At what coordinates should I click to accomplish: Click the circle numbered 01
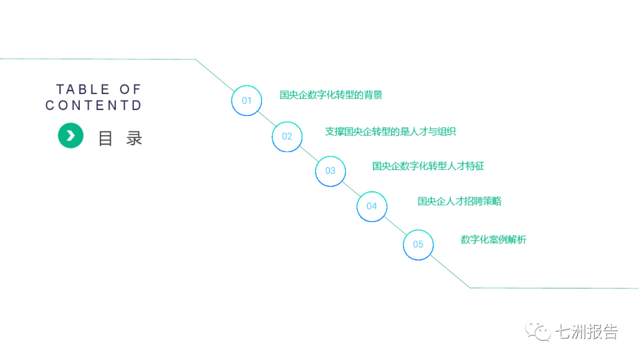(246, 100)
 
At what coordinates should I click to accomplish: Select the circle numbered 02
(287, 136)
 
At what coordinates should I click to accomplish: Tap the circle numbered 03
(330, 171)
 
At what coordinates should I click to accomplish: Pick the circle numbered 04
(372, 206)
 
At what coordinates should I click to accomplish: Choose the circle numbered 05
(418, 244)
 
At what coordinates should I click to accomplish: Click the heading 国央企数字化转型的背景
(331, 95)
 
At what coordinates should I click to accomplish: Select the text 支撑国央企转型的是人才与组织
(390, 131)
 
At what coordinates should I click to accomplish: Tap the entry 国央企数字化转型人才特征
(428, 166)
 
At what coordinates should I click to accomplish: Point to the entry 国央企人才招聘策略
(459, 201)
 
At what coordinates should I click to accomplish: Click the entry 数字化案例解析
(493, 240)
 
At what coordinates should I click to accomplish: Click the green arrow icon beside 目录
(70, 136)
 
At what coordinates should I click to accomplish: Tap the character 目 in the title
(105, 139)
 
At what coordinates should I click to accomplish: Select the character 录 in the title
(134, 139)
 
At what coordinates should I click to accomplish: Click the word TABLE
(83, 89)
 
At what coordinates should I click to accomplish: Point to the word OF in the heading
(130, 89)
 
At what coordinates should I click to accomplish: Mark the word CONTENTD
(93, 105)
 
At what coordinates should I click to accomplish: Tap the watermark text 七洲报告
(585, 332)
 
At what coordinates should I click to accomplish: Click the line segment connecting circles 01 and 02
(266, 118)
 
